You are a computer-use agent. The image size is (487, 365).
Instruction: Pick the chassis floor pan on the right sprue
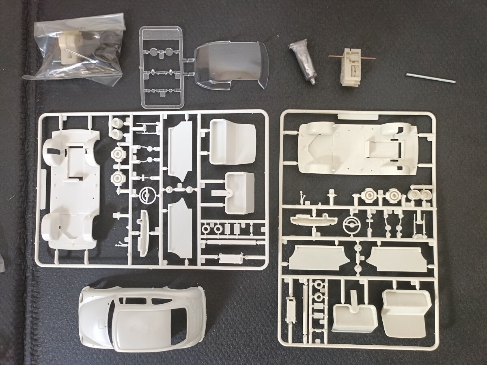pyautogui.click(x=357, y=148)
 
